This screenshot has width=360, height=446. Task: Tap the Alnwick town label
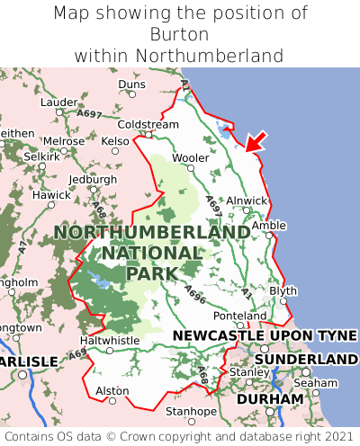(x=247, y=201)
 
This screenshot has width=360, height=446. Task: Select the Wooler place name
(x=191, y=157)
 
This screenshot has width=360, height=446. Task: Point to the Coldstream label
(x=148, y=124)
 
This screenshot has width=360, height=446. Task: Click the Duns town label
(x=131, y=85)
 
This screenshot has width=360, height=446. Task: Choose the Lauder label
(x=59, y=103)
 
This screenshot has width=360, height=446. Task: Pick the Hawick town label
(x=50, y=195)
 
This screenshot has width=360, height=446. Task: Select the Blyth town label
(x=283, y=291)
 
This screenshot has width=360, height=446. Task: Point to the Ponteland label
(x=239, y=317)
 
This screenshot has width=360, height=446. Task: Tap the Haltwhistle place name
(x=111, y=341)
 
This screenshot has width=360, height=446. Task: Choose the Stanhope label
(x=191, y=412)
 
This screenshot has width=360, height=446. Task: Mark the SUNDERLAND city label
(x=306, y=359)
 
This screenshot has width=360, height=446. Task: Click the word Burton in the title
(x=180, y=34)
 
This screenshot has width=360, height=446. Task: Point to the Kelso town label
(x=115, y=141)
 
